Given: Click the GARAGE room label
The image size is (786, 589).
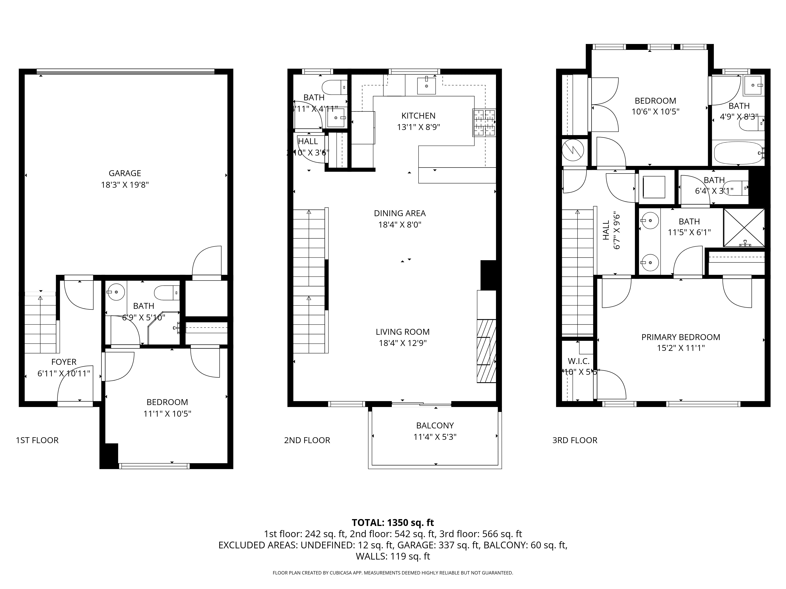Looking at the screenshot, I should click(x=125, y=173).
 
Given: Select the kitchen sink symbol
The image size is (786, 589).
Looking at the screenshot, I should click(x=426, y=86).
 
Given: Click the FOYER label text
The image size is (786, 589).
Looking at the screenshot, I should click(x=64, y=362).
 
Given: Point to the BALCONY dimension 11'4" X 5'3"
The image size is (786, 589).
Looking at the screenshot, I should click(x=435, y=437).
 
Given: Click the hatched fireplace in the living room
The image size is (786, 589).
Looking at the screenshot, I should click(x=486, y=351).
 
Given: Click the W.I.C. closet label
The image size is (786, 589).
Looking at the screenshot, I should click(x=578, y=361).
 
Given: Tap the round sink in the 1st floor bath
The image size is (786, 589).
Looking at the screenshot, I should click(x=116, y=292).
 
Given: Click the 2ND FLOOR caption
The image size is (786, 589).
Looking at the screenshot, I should click(x=307, y=440).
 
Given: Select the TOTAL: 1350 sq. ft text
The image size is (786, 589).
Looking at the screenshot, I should click(x=393, y=523).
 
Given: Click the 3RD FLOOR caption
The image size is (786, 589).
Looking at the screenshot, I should click(x=575, y=440).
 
